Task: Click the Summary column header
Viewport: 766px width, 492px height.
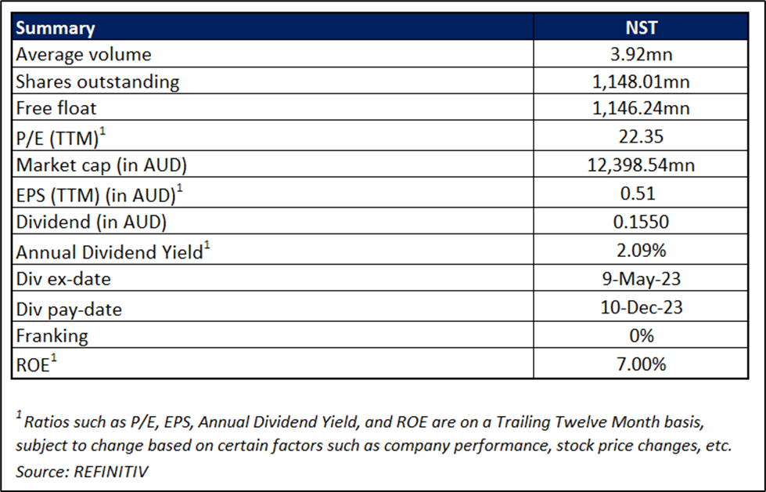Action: click(x=56, y=28)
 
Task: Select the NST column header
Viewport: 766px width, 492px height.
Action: click(x=642, y=27)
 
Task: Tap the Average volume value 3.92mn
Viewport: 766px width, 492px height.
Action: click(x=642, y=54)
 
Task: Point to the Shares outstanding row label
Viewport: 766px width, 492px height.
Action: click(x=98, y=81)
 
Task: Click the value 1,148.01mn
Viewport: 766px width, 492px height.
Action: click(x=641, y=81)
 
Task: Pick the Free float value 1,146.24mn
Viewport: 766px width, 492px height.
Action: click(x=641, y=108)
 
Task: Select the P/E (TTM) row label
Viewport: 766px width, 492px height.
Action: click(x=60, y=137)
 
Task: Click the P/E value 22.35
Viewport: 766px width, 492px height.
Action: click(x=641, y=136)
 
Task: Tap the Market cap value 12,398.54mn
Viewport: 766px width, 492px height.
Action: click(x=641, y=165)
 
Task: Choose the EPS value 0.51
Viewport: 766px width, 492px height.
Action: click(x=638, y=194)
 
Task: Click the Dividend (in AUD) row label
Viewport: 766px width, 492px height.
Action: click(x=92, y=222)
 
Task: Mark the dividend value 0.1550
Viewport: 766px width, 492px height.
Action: click(x=641, y=222)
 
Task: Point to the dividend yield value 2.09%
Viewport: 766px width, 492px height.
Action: click(x=642, y=251)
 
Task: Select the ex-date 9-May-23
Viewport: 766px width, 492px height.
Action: click(x=642, y=279)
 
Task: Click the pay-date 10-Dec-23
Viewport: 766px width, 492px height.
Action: click(x=642, y=307)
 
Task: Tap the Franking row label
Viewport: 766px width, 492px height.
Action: click(x=52, y=336)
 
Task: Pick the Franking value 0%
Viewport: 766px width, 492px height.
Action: click(x=642, y=336)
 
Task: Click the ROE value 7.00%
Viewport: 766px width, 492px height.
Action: click(x=642, y=364)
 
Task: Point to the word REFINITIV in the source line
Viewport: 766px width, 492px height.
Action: click(x=111, y=472)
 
